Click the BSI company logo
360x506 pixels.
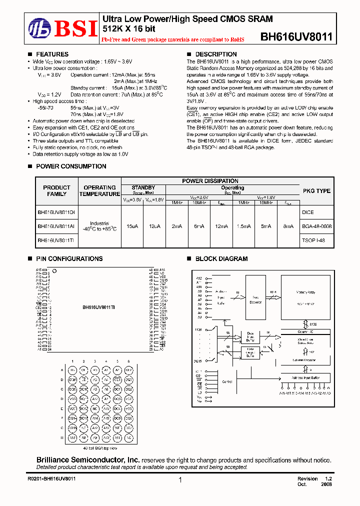(63, 28)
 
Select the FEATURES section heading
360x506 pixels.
(52, 54)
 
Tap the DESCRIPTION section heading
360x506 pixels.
(215, 54)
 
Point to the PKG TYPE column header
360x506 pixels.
(316, 190)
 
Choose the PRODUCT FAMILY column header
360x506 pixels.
(57, 190)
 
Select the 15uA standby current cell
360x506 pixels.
(132, 226)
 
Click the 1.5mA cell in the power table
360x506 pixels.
(243, 226)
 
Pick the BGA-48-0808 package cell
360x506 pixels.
(316, 226)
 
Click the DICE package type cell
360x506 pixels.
(308, 212)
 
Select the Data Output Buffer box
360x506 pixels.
(250, 352)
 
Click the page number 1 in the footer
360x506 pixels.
(179, 479)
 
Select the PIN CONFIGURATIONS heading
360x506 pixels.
(69, 259)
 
